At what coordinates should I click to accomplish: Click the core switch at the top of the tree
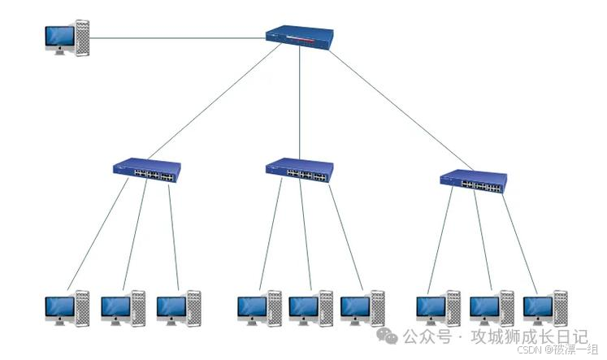coord(300,37)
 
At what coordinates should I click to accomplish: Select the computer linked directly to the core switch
coord(67,39)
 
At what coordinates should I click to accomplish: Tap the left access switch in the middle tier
coord(146,171)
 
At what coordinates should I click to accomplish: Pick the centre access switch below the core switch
coord(300,170)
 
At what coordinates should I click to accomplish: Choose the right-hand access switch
coord(473,181)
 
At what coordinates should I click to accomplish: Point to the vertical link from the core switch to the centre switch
coord(300,102)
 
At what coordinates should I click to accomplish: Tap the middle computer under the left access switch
coord(123,309)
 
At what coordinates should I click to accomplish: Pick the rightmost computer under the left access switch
coord(178,309)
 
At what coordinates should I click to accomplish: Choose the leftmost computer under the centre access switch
coord(259,309)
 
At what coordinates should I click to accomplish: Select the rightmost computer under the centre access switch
coord(362,309)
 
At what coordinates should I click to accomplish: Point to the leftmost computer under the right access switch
coord(438,309)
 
